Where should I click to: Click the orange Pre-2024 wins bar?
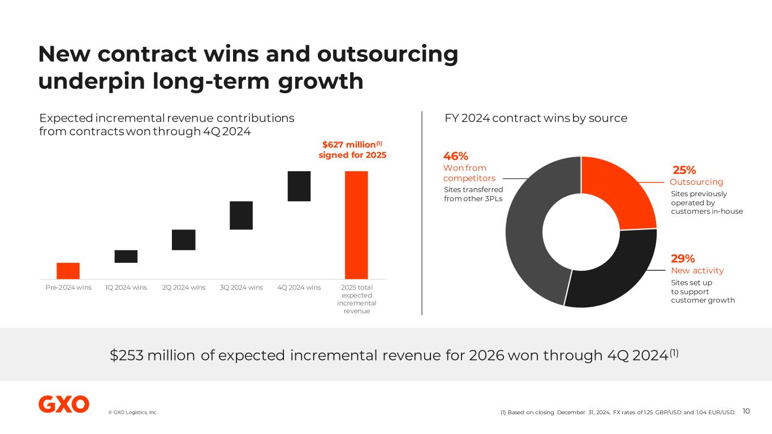[68, 271]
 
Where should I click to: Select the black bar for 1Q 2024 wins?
[126, 256]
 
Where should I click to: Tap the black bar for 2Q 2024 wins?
[184, 240]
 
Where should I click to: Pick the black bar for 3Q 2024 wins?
[241, 215]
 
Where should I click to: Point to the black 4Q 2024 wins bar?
[299, 186]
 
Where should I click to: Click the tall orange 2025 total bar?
[356, 225]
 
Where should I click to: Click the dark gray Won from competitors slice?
[532, 232]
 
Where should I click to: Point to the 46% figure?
[455, 156]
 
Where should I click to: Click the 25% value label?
[684, 170]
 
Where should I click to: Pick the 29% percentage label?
[683, 259]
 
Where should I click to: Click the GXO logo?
[64, 404]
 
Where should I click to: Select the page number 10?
[746, 411]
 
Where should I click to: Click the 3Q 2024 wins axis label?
[241, 287]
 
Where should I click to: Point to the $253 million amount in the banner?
[151, 355]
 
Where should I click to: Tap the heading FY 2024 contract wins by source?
[536, 118]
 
